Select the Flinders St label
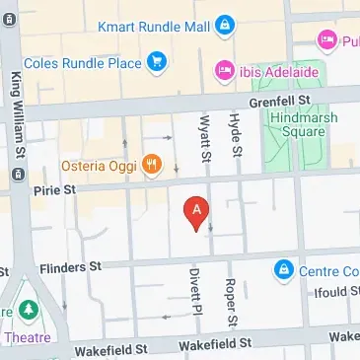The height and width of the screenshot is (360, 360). pos(71,267)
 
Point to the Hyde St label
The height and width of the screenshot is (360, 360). pos(235,134)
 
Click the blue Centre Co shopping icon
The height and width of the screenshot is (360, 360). pos(284,268)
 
